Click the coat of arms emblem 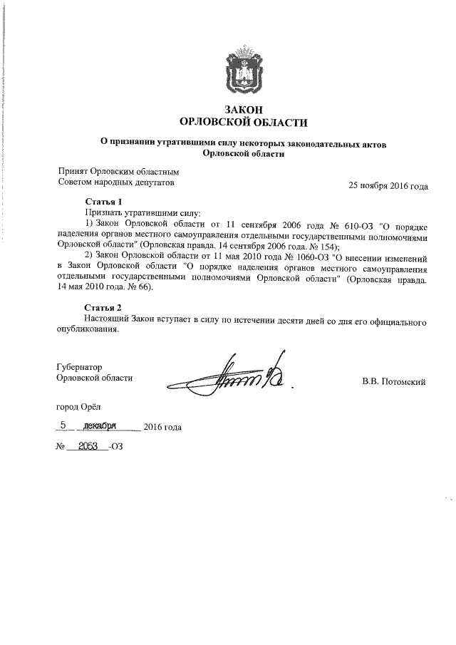point(243,70)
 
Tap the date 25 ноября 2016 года point(388,187)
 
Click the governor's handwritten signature point(235,373)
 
